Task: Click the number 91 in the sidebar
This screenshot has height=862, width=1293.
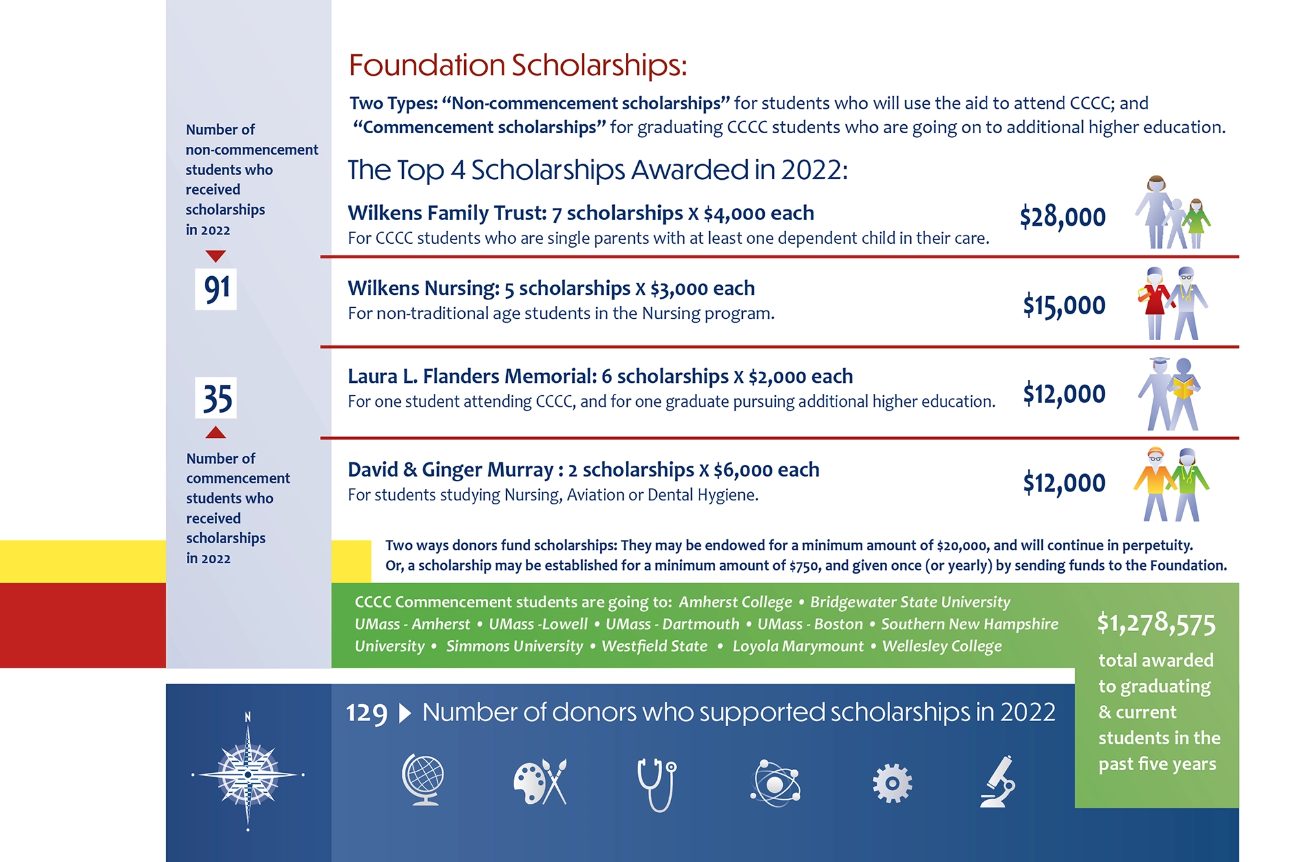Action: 216,288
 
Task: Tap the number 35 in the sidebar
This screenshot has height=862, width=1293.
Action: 216,398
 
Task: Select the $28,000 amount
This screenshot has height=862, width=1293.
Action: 1062,217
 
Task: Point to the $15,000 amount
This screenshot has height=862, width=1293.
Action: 1063,305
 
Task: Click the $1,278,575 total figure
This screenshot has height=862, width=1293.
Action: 1156,623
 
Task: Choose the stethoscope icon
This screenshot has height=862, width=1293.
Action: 657,784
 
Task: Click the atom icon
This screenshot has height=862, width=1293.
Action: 775,783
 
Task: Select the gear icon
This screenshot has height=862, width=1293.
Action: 892,783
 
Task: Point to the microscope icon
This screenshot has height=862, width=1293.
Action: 998,782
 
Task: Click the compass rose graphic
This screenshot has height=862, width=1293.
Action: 248,773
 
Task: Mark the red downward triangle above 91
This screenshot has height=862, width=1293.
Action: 216,256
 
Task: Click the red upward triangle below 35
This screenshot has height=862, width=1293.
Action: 216,433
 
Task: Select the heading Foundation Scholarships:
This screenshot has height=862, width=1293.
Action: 517,65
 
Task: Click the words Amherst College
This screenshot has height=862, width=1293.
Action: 735,602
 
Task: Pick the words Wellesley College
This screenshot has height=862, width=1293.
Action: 942,646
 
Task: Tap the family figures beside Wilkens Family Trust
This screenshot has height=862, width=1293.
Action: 1172,213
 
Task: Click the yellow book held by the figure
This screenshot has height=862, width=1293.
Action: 1182,389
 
